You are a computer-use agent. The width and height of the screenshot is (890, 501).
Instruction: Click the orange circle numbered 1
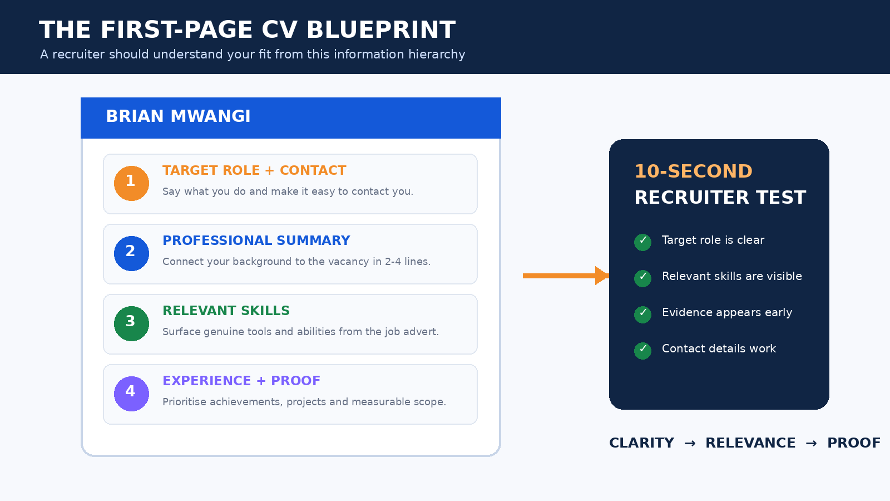pyautogui.click(x=131, y=183)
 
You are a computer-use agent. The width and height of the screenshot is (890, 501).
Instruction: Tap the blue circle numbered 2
pyautogui.click(x=131, y=254)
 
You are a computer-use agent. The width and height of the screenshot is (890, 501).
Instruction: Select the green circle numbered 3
pyautogui.click(x=131, y=323)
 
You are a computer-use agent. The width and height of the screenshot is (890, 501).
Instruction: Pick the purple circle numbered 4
pyautogui.click(x=131, y=394)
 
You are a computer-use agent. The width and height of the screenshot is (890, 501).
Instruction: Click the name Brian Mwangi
pyautogui.click(x=178, y=116)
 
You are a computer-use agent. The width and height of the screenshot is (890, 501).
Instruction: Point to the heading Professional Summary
pyautogui.click(x=256, y=240)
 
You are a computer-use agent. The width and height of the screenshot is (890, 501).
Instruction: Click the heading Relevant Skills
pyautogui.click(x=226, y=311)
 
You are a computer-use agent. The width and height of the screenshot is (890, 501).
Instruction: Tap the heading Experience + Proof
pyautogui.click(x=241, y=381)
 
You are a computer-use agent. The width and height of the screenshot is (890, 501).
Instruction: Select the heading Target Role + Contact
pyautogui.click(x=254, y=170)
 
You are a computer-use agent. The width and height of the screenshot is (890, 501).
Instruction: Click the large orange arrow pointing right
pyautogui.click(x=566, y=276)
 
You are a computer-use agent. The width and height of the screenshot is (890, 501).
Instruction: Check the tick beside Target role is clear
pyautogui.click(x=642, y=242)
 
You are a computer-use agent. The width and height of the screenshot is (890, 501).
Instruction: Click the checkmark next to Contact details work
pyautogui.click(x=642, y=351)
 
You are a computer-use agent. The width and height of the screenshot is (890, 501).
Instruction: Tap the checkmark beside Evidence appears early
pyautogui.click(x=642, y=315)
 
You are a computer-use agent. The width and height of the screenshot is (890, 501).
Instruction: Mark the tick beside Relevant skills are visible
pyautogui.click(x=642, y=278)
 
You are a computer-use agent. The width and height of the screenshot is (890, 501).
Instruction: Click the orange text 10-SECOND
pyautogui.click(x=693, y=171)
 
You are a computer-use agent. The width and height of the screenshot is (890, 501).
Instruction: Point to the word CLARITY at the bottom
pyautogui.click(x=642, y=443)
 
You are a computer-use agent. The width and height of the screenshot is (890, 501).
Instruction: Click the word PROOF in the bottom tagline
pyautogui.click(x=854, y=443)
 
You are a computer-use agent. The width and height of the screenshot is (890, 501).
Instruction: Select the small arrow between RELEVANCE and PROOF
pyautogui.click(x=812, y=443)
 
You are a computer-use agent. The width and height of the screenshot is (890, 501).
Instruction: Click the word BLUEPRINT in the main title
pyautogui.click(x=381, y=30)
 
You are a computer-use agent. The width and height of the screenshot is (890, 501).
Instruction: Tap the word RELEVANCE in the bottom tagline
pyautogui.click(x=750, y=443)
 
